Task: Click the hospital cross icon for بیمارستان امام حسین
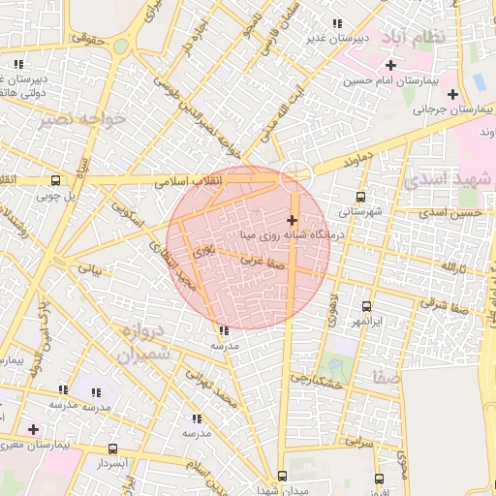click(390, 65)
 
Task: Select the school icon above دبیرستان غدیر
click(336, 23)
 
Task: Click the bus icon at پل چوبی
click(55, 180)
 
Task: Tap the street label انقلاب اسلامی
click(188, 180)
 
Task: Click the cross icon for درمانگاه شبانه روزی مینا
click(292, 220)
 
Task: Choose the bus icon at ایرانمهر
click(366, 305)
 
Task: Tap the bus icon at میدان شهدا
click(282, 476)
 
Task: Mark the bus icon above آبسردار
click(112, 449)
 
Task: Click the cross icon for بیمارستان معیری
click(34, 428)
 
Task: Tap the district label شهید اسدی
click(448, 181)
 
